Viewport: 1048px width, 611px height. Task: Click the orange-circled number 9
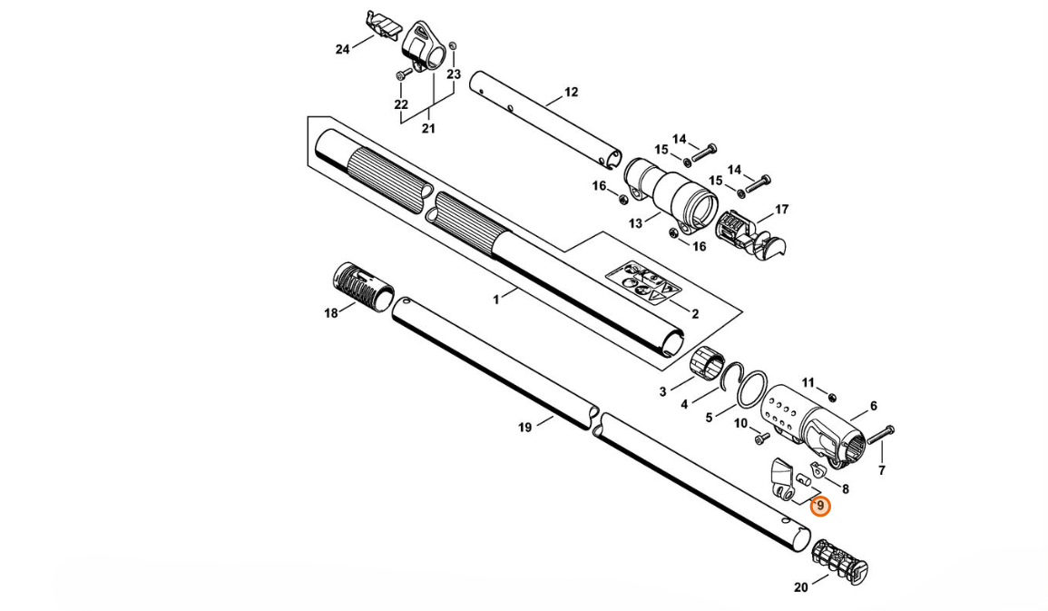click(x=820, y=506)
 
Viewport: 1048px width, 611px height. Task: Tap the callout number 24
click(x=342, y=49)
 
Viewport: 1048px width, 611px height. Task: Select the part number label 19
click(x=524, y=428)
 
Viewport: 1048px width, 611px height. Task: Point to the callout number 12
click(x=571, y=92)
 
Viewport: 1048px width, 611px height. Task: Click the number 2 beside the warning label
click(x=695, y=314)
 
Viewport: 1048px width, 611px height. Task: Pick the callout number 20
click(x=800, y=587)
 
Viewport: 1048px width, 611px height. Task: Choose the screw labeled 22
click(x=400, y=74)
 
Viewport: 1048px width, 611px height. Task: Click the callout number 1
click(x=496, y=300)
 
